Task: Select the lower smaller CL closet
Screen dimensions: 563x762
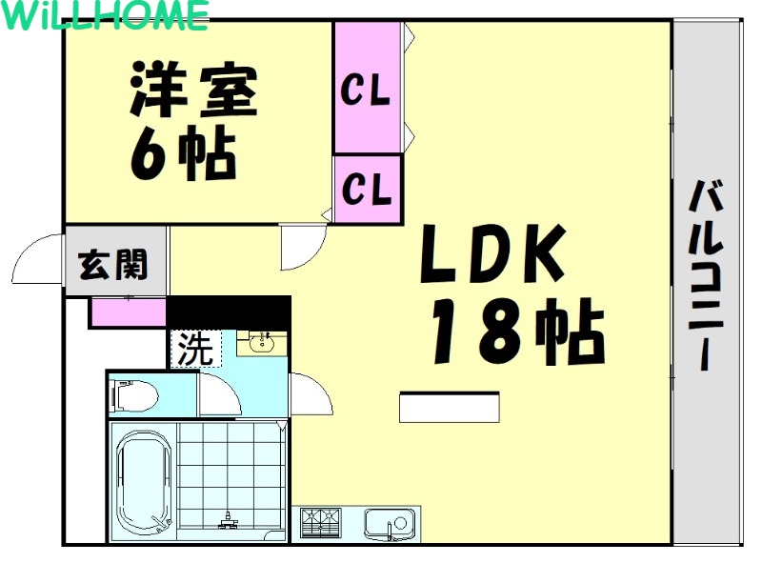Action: (x=367, y=189)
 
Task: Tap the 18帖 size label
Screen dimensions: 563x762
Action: (x=515, y=332)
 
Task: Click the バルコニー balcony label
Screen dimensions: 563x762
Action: (x=706, y=276)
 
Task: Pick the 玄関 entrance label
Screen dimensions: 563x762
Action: (x=113, y=263)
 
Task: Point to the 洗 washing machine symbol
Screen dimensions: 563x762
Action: (x=195, y=349)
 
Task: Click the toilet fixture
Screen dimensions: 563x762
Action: (x=133, y=393)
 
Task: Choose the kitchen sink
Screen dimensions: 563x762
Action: (x=390, y=524)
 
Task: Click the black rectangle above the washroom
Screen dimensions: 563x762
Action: (x=229, y=312)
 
